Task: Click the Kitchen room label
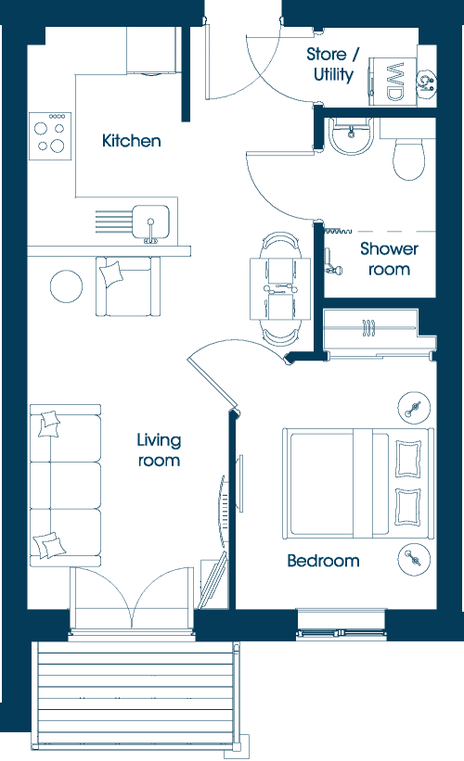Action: point(131,141)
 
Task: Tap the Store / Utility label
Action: point(333,64)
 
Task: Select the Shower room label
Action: point(389,259)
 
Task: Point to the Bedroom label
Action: point(323,561)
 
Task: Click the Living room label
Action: point(159,450)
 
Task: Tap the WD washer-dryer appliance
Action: point(393,82)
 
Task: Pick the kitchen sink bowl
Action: point(151,222)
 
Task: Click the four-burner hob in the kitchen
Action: point(50,136)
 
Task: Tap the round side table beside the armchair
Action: point(66,285)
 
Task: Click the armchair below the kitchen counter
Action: point(128,286)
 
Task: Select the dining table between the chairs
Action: point(280,289)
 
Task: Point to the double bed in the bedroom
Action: point(357,483)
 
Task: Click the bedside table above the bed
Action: point(414,408)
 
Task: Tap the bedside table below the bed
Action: point(414,559)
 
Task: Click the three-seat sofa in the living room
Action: point(65,486)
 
